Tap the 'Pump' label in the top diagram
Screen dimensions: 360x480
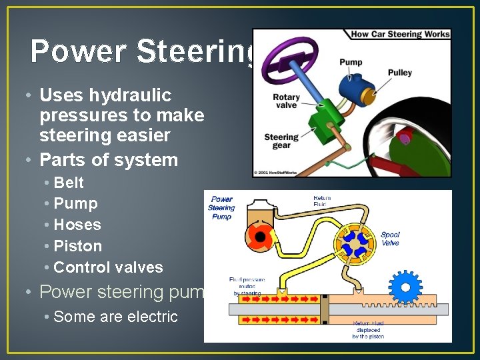pos(351,62)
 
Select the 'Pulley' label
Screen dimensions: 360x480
pos(399,73)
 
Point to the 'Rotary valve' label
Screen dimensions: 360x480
pos(286,101)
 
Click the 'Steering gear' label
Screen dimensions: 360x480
pos(281,142)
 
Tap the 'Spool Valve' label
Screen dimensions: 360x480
pos(390,239)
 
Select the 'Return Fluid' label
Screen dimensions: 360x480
pos(322,201)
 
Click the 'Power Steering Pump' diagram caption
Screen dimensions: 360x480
pos(221,208)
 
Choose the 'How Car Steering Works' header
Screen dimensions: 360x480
pos(399,34)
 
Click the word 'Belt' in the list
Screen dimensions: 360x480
pos(69,182)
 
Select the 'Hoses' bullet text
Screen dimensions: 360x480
pos(77,225)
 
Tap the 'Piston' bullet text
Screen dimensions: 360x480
pos(78,246)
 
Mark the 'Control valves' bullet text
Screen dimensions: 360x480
pos(108,267)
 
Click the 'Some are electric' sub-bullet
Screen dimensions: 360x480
pos(115,317)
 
